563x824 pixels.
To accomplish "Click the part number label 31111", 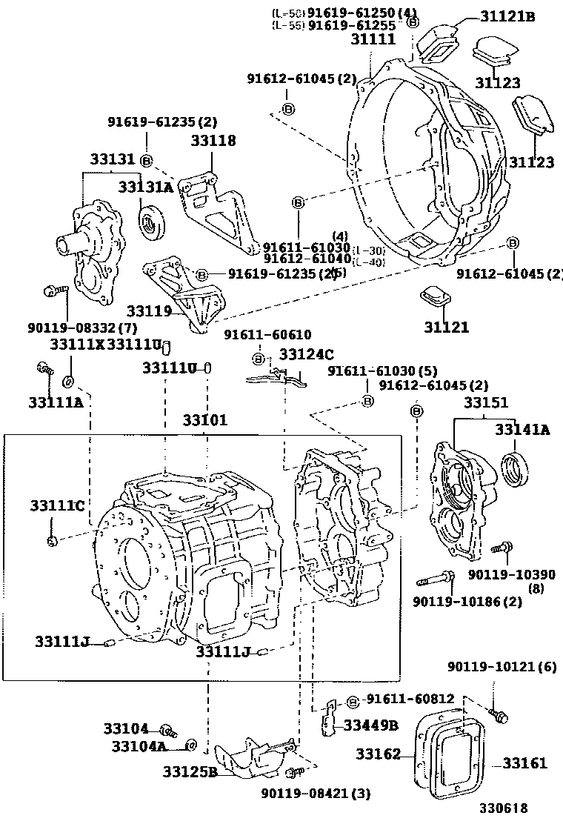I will click(373, 40).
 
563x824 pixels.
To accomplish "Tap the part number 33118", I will click(213, 140).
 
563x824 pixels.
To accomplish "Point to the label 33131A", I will click(145, 187).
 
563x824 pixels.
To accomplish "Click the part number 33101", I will click(205, 420).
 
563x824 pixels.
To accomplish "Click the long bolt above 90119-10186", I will click(438, 579).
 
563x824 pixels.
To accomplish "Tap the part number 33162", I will click(378, 754).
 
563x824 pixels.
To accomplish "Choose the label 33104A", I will click(139, 746).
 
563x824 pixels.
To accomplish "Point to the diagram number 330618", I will click(503, 808).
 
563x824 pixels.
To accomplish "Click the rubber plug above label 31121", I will click(434, 298).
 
